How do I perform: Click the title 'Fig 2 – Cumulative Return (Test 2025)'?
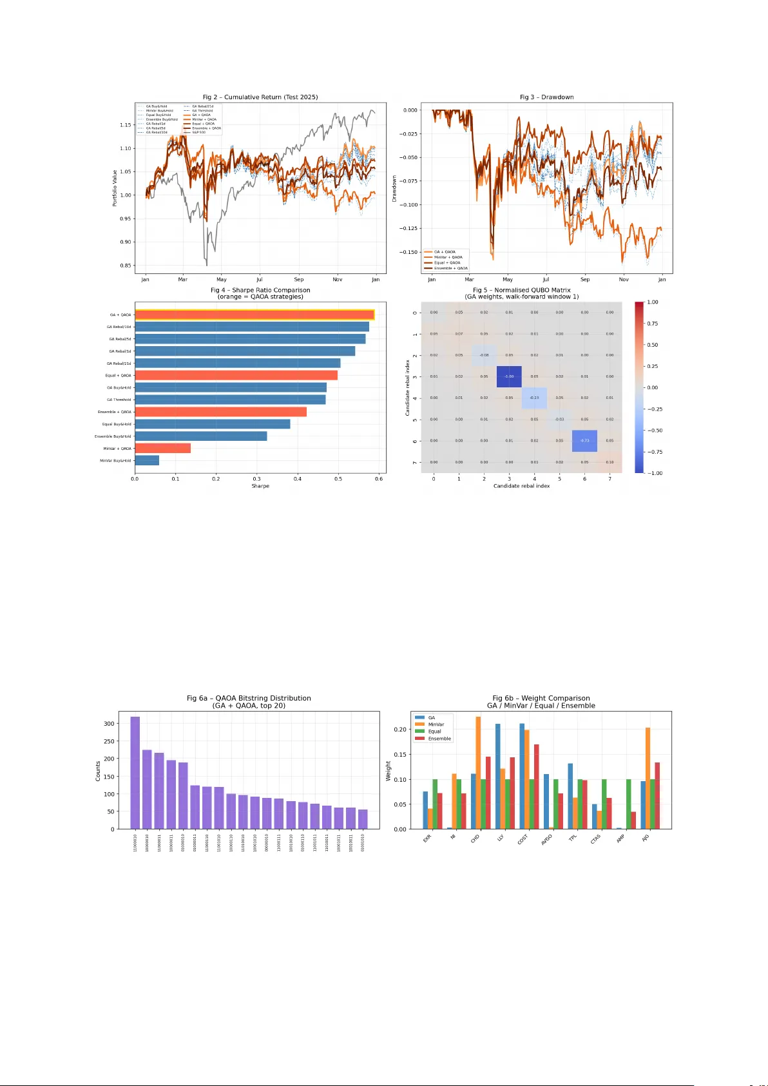[x=260, y=97]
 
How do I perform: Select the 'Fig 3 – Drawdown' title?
[x=546, y=97]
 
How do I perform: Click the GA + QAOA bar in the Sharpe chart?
[x=254, y=315]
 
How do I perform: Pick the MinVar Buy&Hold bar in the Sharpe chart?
[x=147, y=460]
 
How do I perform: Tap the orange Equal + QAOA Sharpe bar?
[x=236, y=375]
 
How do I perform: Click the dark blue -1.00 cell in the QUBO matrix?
[x=509, y=376]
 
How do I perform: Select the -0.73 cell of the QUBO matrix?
[x=584, y=441]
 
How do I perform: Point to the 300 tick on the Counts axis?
[x=109, y=724]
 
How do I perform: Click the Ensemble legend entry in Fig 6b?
[x=439, y=739]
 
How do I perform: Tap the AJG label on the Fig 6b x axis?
[x=645, y=838]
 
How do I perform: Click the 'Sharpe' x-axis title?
[x=260, y=486]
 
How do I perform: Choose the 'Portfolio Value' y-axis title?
[x=115, y=188]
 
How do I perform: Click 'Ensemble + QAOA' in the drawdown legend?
[x=450, y=268]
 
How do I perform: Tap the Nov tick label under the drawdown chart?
[x=623, y=280]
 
